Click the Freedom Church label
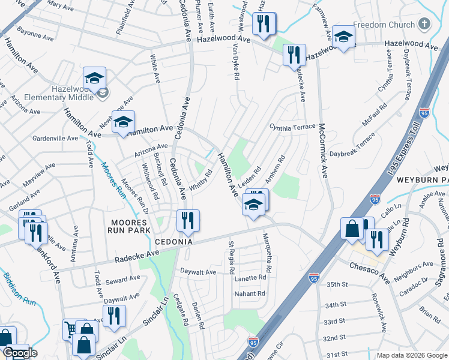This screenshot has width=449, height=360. [x=384, y=25]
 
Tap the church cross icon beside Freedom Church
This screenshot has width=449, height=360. [x=424, y=25]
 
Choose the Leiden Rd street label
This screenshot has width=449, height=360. [x=251, y=178]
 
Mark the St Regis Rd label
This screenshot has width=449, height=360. [x=231, y=257]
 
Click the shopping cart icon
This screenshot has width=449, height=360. [x=71, y=328]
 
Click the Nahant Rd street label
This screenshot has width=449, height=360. [x=250, y=294]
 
